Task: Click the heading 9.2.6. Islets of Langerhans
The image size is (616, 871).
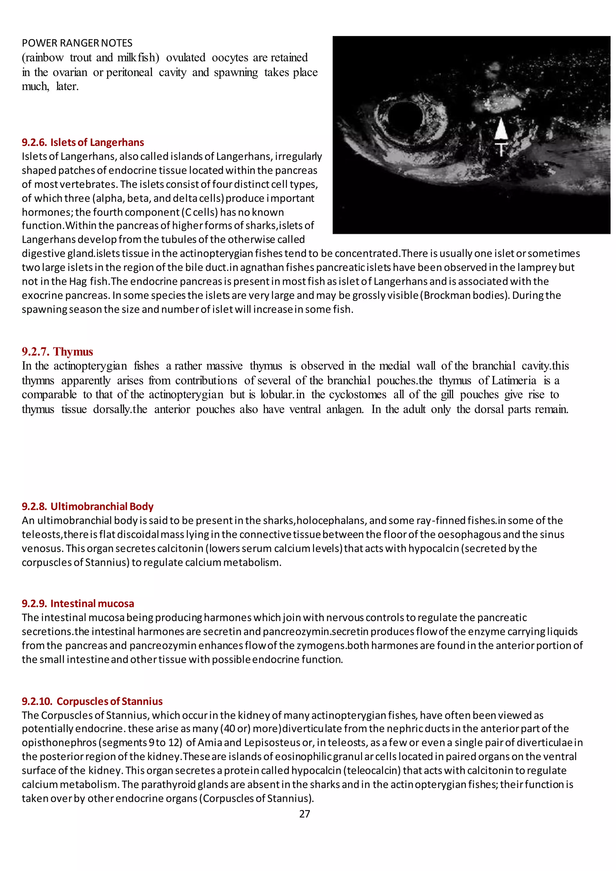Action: coord(83,142)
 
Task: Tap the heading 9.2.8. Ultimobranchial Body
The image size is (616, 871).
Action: coord(88,506)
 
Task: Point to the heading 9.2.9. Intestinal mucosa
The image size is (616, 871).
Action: coord(78,604)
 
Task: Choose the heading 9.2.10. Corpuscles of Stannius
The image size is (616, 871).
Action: coord(92,701)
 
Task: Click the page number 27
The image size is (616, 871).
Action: coord(305,814)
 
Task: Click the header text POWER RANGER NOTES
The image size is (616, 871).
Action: coord(77,43)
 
